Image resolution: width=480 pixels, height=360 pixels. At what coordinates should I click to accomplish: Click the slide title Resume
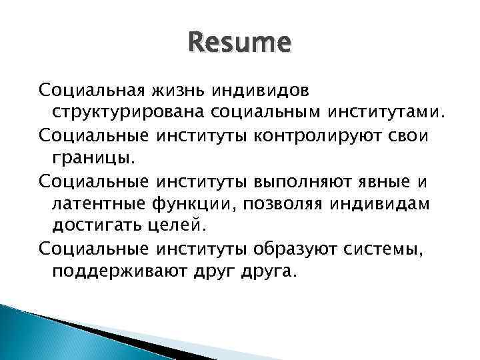tap(239, 44)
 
